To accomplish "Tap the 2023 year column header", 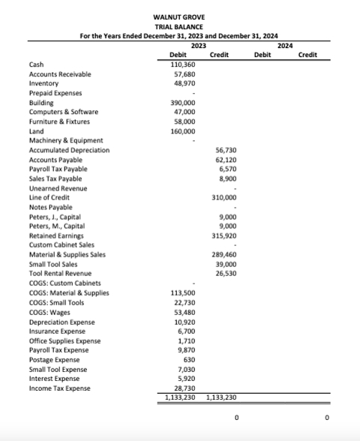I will [199, 45].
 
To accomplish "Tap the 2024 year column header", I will [285, 45].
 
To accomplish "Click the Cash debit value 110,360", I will [183, 65].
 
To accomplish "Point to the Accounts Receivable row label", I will [60, 75].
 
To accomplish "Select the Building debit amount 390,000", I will [183, 103].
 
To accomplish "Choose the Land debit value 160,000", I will [183, 131].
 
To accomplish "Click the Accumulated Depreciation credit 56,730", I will [226, 150].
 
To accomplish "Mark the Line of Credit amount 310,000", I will [224, 197].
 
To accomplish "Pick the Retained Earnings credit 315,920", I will [224, 235].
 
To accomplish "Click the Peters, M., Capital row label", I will [56, 226].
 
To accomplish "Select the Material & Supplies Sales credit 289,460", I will [224, 254].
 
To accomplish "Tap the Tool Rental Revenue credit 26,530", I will [226, 273].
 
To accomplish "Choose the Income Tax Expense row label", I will [59, 388].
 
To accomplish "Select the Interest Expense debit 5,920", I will [187, 378].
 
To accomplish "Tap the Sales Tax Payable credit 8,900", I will [228, 178].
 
